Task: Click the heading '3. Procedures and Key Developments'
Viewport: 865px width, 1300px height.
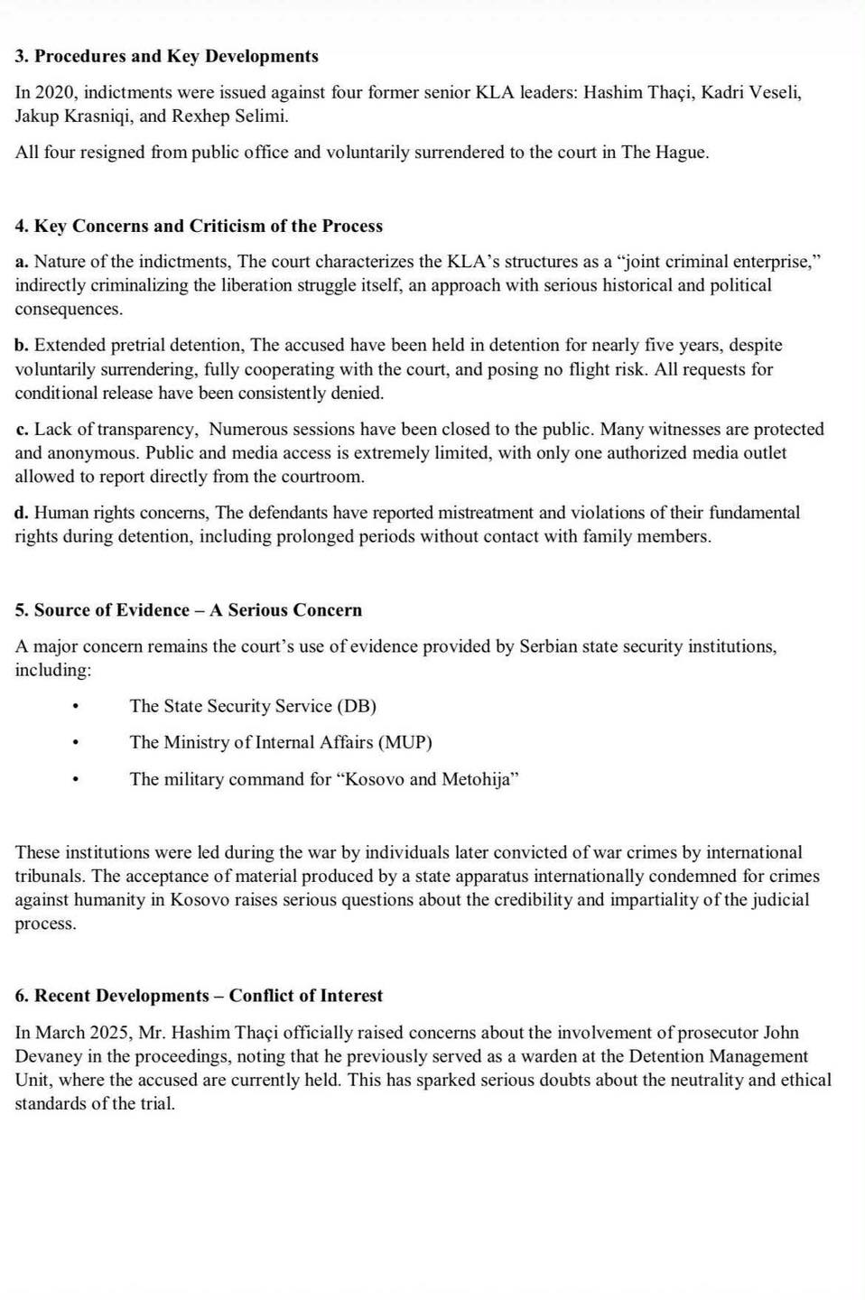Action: [x=167, y=56]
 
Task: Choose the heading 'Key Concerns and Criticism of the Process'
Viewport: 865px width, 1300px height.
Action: [x=208, y=226]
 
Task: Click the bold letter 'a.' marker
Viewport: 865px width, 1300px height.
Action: [x=22, y=262]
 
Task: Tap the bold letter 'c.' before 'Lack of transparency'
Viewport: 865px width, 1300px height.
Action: [x=22, y=429]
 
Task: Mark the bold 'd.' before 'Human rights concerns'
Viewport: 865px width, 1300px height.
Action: [x=22, y=513]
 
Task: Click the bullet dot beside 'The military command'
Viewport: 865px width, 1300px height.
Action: [x=77, y=779]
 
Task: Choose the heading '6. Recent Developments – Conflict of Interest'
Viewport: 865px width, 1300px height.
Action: [x=199, y=996]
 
